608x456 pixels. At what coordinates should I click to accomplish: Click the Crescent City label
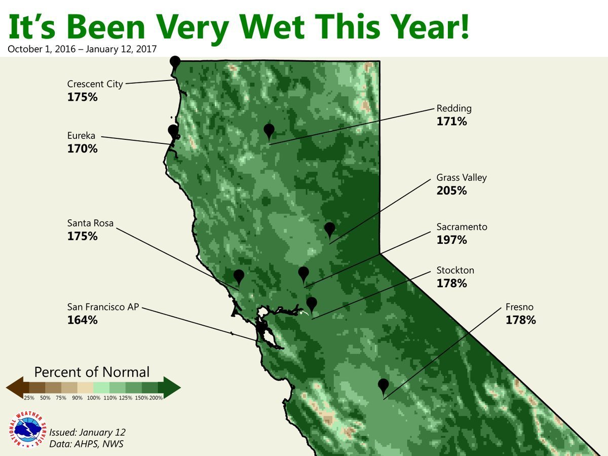point(95,84)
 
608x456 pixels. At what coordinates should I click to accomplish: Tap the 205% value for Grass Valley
point(451,191)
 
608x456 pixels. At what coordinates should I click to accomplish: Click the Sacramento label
point(462,227)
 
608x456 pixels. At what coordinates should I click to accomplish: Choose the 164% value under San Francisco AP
point(82,320)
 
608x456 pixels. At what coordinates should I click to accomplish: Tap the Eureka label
point(81,136)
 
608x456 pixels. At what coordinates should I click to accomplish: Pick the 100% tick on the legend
point(94,398)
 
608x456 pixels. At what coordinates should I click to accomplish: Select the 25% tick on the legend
point(29,398)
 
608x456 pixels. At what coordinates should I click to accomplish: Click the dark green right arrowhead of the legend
point(172,388)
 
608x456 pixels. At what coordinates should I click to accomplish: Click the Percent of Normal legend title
point(92,372)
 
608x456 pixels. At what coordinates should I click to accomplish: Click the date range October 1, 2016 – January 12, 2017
point(82,49)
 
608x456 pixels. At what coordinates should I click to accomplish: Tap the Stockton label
point(455,270)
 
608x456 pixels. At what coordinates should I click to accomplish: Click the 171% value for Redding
point(451,122)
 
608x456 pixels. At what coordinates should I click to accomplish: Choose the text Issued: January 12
point(87,432)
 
